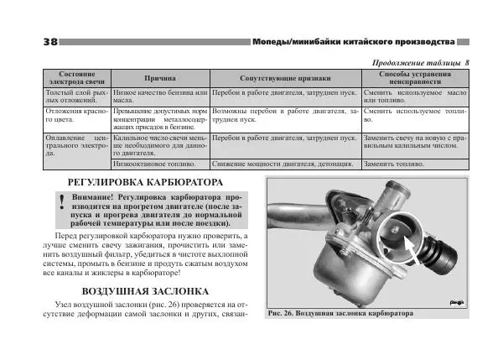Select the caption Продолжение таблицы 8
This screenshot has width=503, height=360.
(419, 62)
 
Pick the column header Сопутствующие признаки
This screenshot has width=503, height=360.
(285, 76)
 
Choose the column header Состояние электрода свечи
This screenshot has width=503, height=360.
(70, 76)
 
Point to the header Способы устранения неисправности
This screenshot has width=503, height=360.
(416, 76)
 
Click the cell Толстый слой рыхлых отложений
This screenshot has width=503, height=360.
(70, 95)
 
